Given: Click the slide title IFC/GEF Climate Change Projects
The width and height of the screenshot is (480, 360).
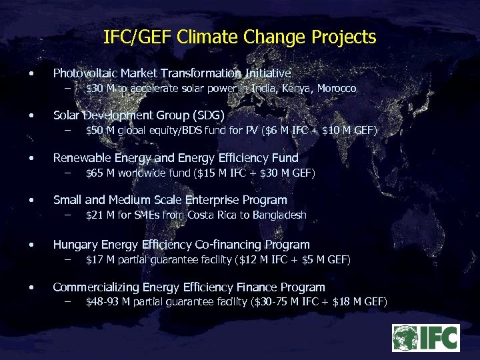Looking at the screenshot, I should [x=240, y=37].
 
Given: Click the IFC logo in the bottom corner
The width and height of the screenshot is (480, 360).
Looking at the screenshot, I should [x=425, y=338].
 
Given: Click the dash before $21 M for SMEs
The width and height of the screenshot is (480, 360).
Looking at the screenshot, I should [x=67, y=215].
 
